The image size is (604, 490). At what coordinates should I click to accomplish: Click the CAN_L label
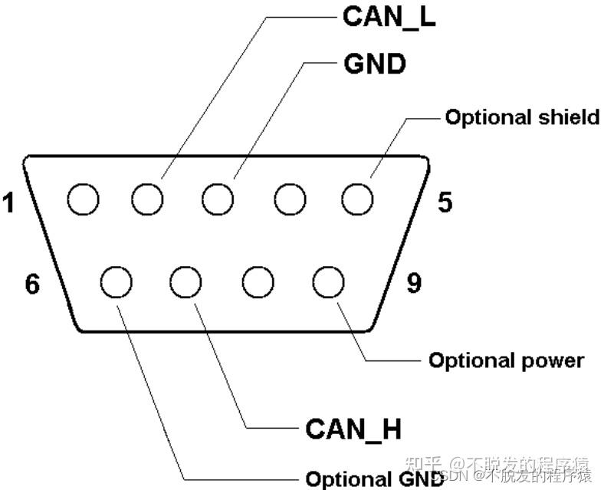coord(389,17)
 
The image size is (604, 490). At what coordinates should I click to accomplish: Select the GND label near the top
coord(375,64)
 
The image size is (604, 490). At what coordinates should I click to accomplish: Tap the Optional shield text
coord(522,117)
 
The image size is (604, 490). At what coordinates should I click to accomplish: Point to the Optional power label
coord(506,360)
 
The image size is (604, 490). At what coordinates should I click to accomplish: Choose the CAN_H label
coord(353,429)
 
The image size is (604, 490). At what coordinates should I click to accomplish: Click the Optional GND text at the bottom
coord(374,478)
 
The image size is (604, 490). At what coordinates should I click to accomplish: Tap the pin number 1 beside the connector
coord(8,203)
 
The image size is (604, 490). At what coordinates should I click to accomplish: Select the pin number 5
coord(445,202)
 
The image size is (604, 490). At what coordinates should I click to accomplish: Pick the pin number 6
coord(31,284)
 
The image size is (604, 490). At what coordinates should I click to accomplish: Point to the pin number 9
coord(413,284)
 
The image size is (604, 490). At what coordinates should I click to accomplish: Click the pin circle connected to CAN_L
coord(147,201)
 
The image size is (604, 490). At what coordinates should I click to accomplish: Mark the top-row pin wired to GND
coord(218,201)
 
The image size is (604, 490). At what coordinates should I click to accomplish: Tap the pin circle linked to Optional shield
coord(358,201)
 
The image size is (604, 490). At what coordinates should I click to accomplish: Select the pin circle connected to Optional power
coord(328,282)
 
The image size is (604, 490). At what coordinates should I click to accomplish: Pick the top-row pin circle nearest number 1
coord(83,201)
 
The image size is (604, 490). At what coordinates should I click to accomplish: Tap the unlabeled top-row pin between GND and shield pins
coord(290,201)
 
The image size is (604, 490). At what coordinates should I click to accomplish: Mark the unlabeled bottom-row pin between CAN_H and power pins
coord(258,282)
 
